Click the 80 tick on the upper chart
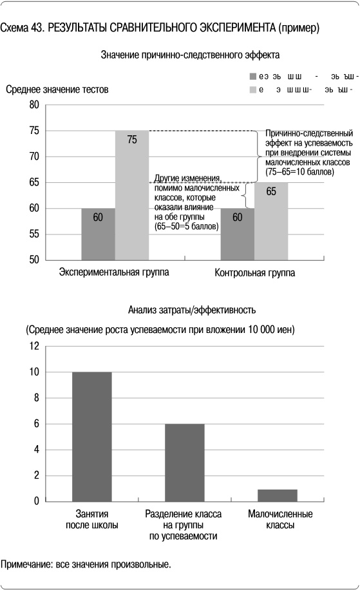34,105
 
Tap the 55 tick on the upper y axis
34,234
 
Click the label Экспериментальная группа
114,272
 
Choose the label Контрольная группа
254,273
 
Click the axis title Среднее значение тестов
57,90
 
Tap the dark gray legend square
253,76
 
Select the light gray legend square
253,90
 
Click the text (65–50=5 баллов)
187,227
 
